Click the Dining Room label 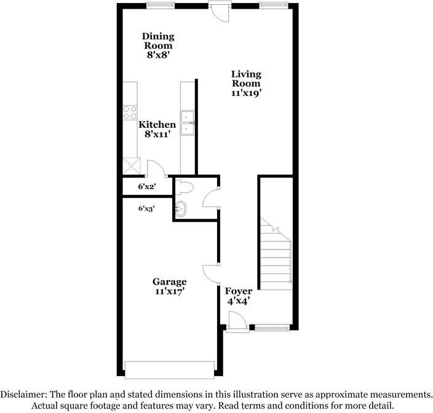click(158, 45)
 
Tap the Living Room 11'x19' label click(246, 83)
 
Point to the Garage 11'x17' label click(170, 286)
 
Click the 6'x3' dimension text click(146, 208)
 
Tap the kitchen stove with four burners click(130, 112)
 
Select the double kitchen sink click(187, 122)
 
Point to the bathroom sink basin click(181, 209)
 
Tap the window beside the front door click(272, 329)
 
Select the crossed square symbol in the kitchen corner click(130, 165)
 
